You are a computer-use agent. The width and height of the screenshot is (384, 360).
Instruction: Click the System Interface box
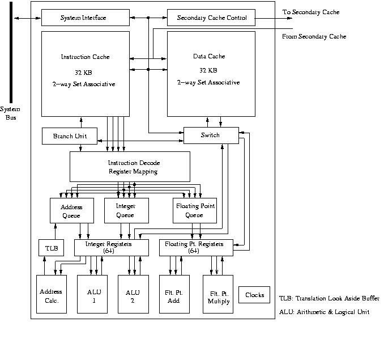(x=83, y=18)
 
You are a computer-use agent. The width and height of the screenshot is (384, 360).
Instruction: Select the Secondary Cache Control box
(x=211, y=18)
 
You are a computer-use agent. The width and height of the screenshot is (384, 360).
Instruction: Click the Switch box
(x=210, y=135)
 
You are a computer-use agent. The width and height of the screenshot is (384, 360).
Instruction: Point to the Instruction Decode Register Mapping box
(x=129, y=167)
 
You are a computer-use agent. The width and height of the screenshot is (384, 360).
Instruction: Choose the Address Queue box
(x=71, y=211)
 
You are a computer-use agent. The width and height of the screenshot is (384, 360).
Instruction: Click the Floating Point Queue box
(x=194, y=211)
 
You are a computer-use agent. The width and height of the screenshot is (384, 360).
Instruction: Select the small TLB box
(x=52, y=248)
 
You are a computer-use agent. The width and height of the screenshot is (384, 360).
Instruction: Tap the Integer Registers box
(x=111, y=247)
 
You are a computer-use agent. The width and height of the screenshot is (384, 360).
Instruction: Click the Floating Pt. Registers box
(x=194, y=247)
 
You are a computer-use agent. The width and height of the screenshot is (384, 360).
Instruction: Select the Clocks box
(x=254, y=295)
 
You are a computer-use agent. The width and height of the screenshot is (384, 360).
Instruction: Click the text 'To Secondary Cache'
(x=310, y=12)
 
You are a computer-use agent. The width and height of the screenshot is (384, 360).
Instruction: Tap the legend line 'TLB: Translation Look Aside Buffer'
(x=329, y=298)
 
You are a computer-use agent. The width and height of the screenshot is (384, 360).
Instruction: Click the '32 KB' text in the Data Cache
(x=208, y=71)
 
